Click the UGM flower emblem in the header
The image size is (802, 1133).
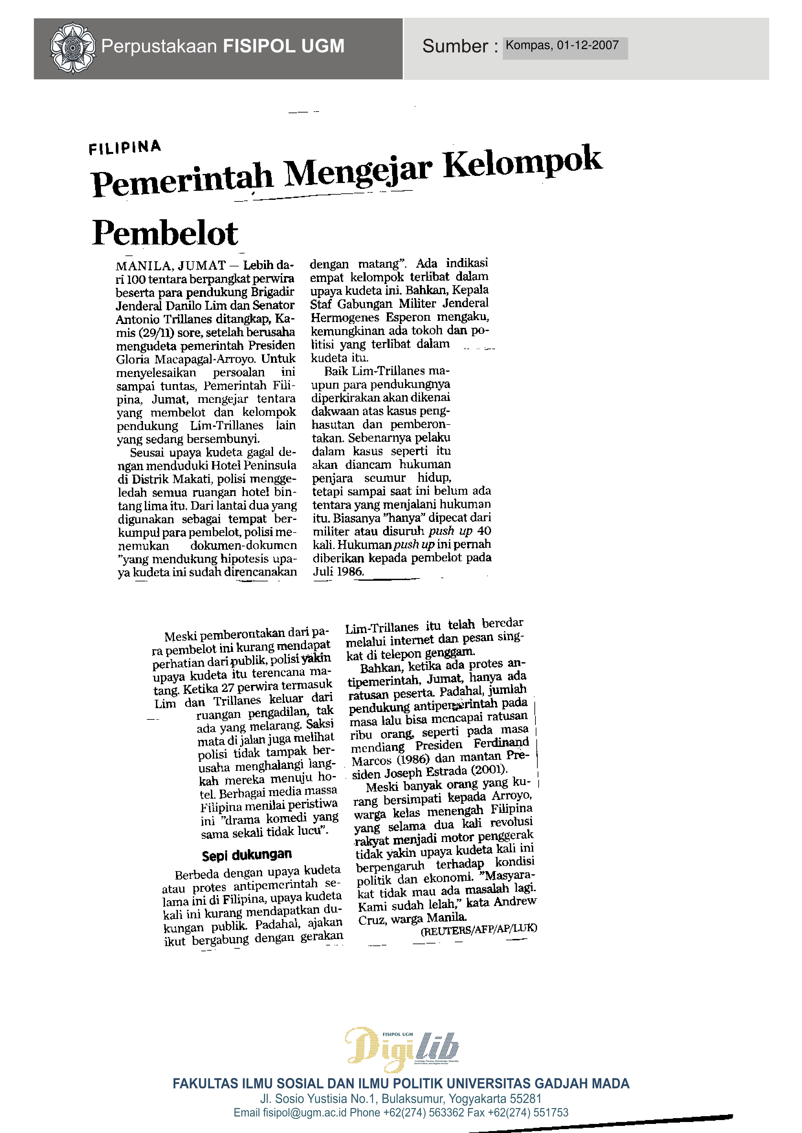[72, 48]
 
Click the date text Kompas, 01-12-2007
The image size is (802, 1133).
[562, 45]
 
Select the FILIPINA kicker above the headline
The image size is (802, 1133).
[125, 147]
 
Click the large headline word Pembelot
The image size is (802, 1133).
[165, 233]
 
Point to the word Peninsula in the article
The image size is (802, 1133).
[272, 465]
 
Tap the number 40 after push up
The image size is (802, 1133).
[484, 531]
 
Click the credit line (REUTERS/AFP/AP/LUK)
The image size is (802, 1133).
[478, 930]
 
